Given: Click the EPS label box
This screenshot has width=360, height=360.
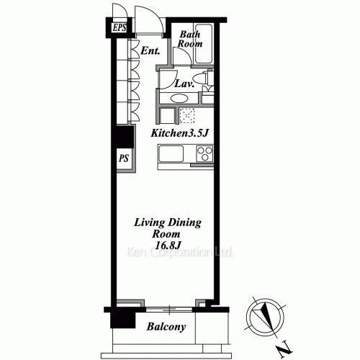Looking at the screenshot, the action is point(120,27).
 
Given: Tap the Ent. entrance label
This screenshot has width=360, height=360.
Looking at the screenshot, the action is point(150,50).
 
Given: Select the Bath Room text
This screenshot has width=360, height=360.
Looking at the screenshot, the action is point(190,39).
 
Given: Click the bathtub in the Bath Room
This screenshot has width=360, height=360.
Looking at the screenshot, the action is point(203,43).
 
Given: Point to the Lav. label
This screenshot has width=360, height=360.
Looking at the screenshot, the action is point(184,84).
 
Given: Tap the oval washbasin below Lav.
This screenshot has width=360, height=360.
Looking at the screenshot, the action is point(179,99).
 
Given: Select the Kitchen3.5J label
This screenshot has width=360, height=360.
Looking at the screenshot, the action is point(179,133).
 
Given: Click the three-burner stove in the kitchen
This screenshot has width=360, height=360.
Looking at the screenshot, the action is point(204,153).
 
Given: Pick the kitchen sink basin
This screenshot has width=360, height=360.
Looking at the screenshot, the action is point(171,153).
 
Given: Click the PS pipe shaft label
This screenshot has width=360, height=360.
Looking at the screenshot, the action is point(124,158).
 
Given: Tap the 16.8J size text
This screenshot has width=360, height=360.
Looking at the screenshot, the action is point(168,245).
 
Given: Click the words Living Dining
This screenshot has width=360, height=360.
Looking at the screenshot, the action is point(168,222).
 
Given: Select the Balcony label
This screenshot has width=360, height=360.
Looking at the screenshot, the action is point(166,327).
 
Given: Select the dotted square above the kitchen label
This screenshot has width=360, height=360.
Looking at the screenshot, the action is point(186,116).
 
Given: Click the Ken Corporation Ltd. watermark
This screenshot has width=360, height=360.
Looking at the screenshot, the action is point(179,252).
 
